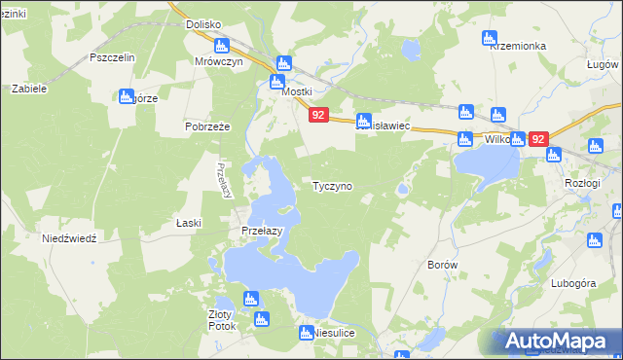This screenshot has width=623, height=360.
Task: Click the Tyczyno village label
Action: (x=332, y=185)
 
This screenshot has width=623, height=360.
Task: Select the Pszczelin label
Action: (x=111, y=57)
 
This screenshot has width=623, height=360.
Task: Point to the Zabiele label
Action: (x=28, y=88)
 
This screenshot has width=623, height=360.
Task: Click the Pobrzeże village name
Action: (x=205, y=126)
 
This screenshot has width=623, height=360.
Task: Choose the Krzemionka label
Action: (x=519, y=46)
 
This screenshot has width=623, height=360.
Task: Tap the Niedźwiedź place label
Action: (x=69, y=238)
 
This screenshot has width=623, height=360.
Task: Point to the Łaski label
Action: (x=188, y=223)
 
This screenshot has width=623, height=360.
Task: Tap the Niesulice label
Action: (x=333, y=333)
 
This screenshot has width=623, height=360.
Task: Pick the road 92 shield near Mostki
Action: (x=317, y=115)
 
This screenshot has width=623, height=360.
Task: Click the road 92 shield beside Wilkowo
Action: (x=538, y=139)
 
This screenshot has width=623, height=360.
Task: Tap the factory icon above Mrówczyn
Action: (x=221, y=46)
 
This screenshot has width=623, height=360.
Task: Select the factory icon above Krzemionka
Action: (x=490, y=39)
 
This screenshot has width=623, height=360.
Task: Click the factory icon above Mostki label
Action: (x=282, y=63)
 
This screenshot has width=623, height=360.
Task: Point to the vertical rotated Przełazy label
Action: (x=225, y=180)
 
